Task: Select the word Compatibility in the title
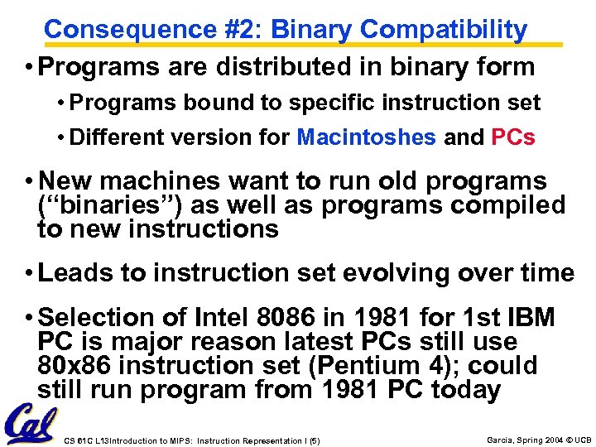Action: [444, 30]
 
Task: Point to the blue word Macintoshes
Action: [366, 137]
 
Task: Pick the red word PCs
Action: [513, 137]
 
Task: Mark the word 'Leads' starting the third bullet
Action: [76, 273]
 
